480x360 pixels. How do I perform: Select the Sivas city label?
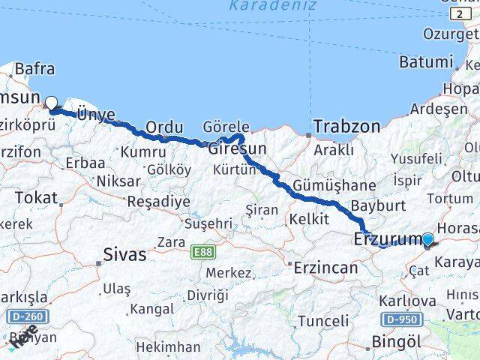tap(124, 254)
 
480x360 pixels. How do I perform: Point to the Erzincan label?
tap(328, 267)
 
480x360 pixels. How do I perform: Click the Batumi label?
tap(426, 61)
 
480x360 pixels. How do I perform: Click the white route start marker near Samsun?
tap(51, 103)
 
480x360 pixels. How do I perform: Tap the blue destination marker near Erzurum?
tap(427, 240)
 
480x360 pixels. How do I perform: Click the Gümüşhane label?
tap(334, 185)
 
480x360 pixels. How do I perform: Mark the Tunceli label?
tap(323, 321)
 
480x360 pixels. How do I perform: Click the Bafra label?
tap(34, 69)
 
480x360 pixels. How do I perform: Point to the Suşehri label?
tap(208, 223)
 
